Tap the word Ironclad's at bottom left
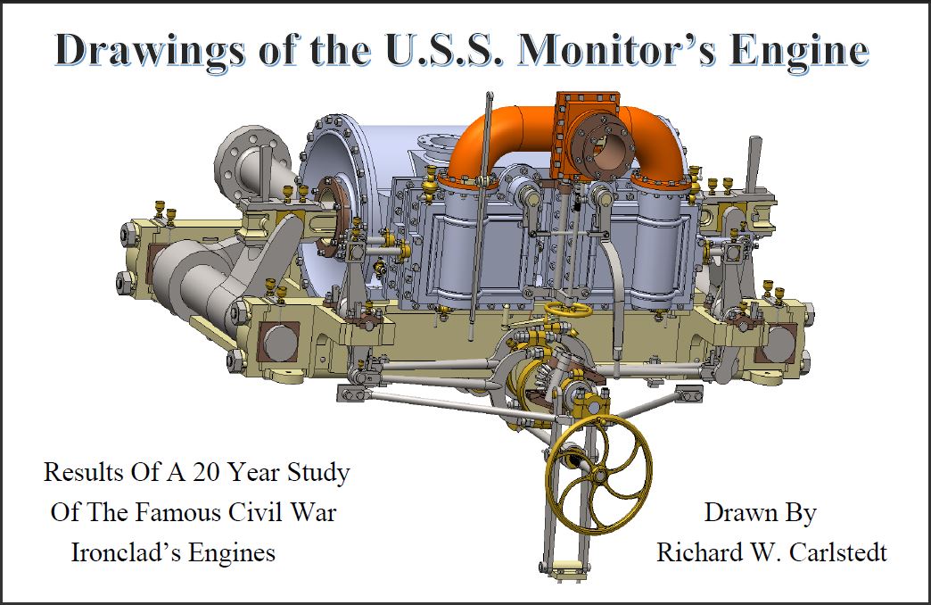click(x=126, y=552)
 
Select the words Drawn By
click(x=760, y=513)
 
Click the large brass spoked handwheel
click(x=598, y=474)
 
